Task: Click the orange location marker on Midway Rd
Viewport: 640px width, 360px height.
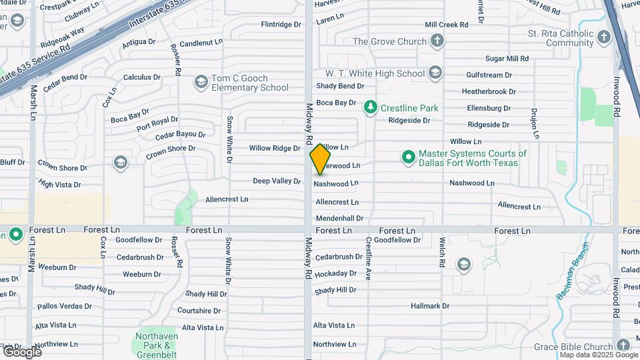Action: (320, 159)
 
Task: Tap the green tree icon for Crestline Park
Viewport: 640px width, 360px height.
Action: (370, 107)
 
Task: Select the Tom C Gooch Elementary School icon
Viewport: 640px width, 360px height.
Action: (201, 82)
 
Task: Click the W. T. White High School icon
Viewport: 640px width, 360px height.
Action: (435, 73)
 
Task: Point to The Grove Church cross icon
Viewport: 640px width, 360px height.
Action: (437, 41)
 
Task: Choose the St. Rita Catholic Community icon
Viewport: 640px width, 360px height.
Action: (605, 37)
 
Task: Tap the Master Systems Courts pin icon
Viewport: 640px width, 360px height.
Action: (408, 157)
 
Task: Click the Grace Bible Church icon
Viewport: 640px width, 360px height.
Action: (623, 345)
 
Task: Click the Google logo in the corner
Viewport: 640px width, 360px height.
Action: (21, 351)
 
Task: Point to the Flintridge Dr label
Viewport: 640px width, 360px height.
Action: (281, 25)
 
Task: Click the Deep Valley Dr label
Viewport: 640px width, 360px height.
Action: (277, 181)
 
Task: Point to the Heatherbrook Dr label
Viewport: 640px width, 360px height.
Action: (489, 91)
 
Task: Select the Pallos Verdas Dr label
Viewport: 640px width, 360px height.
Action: (65, 306)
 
